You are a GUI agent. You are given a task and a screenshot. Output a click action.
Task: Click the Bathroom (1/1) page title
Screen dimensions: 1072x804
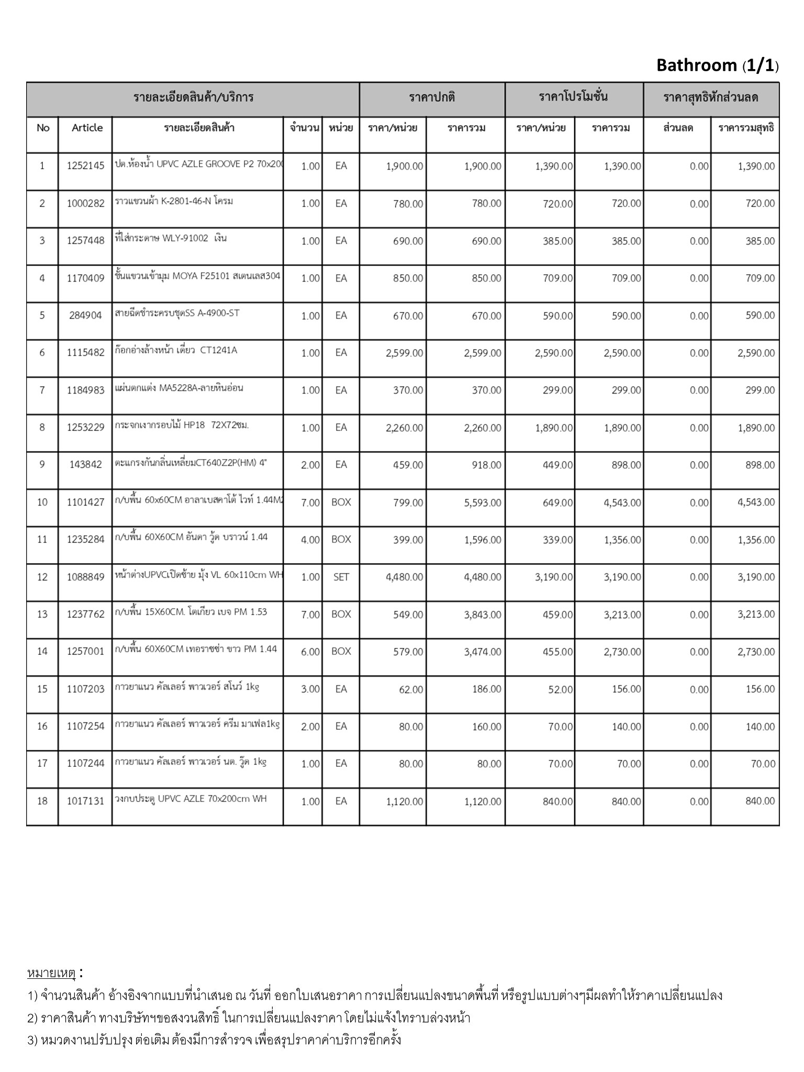coord(717,65)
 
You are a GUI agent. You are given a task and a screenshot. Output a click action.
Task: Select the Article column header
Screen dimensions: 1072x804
coord(87,128)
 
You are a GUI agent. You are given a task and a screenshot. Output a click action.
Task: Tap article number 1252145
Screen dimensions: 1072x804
coord(85,166)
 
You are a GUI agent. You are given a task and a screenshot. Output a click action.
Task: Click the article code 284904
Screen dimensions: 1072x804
coord(85,316)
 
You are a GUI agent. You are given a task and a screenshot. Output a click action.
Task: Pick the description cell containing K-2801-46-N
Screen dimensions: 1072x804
coord(174,202)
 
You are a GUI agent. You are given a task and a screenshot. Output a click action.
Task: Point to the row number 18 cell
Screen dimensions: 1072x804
coord(42,801)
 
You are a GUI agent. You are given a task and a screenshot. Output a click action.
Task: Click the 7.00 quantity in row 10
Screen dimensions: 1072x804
coord(310,502)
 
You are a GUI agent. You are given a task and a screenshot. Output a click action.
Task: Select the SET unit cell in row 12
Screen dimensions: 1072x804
coord(341,577)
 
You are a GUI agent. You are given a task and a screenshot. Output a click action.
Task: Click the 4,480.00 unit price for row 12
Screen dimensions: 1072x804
coord(404,577)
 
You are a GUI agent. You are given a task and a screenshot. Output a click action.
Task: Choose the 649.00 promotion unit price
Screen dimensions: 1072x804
coord(557,502)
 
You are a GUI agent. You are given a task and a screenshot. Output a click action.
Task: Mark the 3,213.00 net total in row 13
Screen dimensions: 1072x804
coord(756,615)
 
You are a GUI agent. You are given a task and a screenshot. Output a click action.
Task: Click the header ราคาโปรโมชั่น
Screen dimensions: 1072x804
coord(573,97)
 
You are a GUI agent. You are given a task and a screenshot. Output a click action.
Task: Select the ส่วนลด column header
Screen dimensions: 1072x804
coord(678,128)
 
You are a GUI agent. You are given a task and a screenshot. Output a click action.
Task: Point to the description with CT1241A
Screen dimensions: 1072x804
coord(176,350)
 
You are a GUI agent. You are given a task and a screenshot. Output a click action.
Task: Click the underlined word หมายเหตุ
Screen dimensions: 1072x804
coord(51,973)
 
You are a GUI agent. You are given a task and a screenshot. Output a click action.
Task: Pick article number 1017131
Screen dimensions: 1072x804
coord(85,801)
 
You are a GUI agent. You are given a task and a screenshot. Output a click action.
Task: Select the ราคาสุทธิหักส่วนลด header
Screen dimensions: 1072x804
coord(710,97)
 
